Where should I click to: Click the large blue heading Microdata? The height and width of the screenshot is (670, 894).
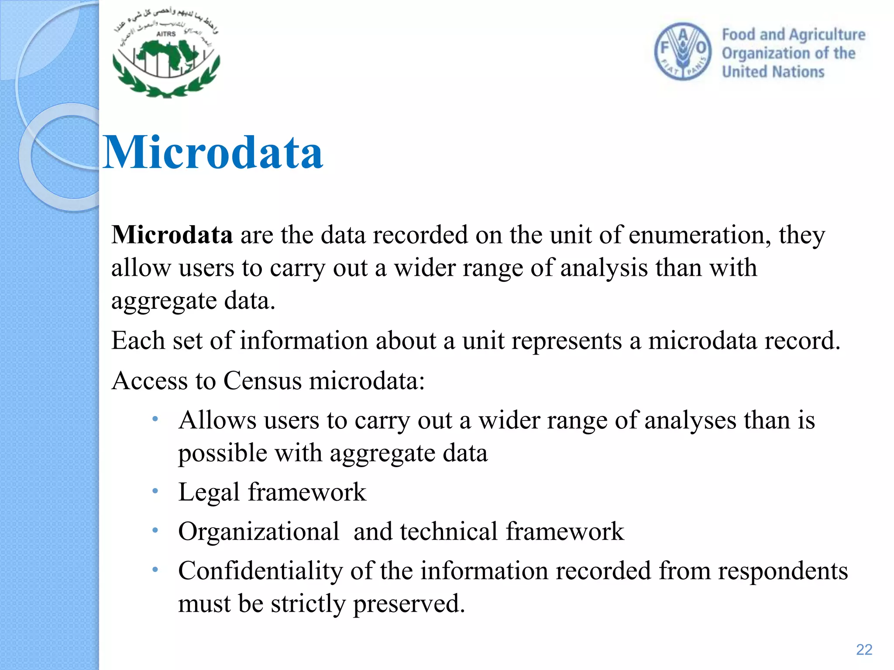tap(213, 153)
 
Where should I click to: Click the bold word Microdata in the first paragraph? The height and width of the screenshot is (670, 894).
tap(172, 235)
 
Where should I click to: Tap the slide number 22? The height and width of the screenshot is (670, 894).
tap(864, 649)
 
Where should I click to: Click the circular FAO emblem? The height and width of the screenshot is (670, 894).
tap(683, 51)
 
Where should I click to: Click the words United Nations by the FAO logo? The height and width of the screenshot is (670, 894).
tap(773, 72)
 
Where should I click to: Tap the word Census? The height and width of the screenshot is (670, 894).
tap(262, 381)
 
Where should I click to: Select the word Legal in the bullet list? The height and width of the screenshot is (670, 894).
tap(209, 492)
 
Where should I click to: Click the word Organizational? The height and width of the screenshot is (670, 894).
tap(258, 532)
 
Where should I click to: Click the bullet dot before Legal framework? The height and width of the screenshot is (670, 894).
tap(155, 492)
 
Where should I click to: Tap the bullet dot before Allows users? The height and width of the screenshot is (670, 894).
tap(155, 420)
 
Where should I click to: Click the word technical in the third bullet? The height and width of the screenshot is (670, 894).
tap(449, 532)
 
